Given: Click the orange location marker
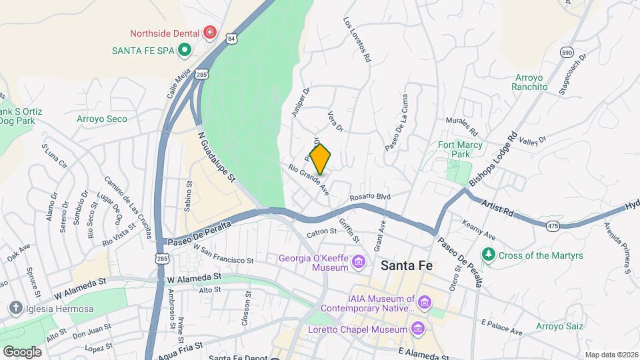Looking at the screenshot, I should point(321,159).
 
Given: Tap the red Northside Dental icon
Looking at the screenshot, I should point(210,32).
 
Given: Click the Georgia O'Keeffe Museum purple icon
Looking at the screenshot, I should point(359,261).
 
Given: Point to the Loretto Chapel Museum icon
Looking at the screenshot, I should point(418,329).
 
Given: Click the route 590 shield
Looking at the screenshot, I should point(567,52).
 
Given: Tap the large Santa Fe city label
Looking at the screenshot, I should point(407,265).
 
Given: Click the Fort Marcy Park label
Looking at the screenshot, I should point(460,149).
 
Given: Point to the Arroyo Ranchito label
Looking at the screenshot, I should point(529,82).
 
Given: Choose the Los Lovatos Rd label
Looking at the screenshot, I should point(357,40).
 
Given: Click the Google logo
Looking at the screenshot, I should point(22,351).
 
